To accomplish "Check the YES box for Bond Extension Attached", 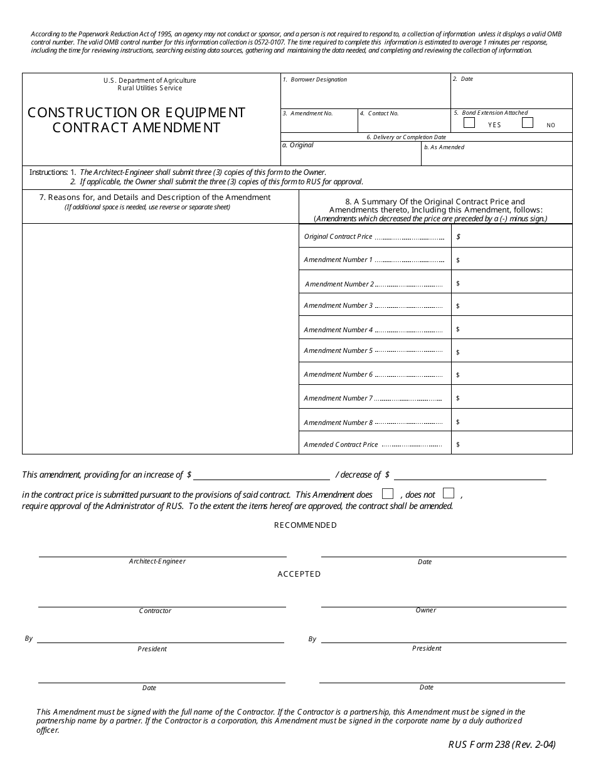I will [x=469, y=123].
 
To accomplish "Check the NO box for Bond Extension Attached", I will [x=528, y=123].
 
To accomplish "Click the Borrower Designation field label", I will [x=318, y=80].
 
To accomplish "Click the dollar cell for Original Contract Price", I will [x=511, y=236].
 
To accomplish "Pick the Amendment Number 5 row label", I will [x=338, y=351].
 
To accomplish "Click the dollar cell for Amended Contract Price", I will [x=511, y=444].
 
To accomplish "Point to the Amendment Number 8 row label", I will [x=338, y=422].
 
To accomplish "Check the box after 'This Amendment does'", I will [x=388, y=493].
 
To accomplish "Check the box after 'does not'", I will [x=449, y=493].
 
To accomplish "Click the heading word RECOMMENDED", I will [x=306, y=525].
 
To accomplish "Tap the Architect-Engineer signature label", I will [x=157, y=562].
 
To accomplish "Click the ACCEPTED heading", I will [x=299, y=574].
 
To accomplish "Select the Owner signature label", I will [x=426, y=611].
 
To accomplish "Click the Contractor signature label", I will [x=155, y=611].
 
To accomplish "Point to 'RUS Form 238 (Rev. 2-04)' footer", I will [x=501, y=745].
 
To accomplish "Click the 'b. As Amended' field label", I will [x=444, y=147].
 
